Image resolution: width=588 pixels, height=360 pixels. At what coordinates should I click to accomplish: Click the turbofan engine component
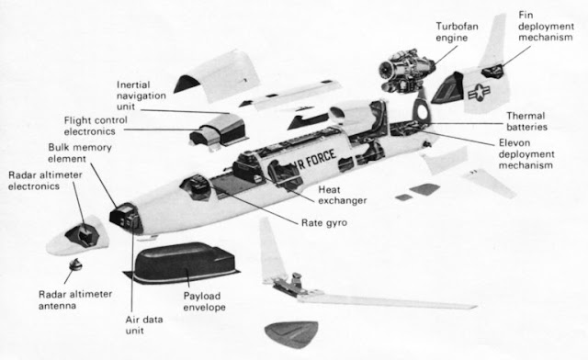pos(406,72)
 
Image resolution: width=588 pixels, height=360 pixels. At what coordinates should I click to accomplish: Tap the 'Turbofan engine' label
pos(457,32)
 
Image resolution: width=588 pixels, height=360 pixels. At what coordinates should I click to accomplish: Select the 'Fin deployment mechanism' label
pos(546,27)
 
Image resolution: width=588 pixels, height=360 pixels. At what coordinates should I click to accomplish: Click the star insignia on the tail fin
pos(479,92)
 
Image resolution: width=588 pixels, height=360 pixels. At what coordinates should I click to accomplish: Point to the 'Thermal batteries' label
pos(526,121)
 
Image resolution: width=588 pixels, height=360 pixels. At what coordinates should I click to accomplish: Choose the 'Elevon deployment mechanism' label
pos(526,154)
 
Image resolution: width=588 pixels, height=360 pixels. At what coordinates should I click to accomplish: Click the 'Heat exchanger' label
pos(343,195)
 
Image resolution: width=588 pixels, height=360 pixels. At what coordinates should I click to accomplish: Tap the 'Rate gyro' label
pos(324,223)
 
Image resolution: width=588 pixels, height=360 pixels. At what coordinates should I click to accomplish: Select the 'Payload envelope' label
pos(204,301)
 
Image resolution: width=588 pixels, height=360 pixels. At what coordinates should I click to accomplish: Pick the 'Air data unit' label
pos(144,325)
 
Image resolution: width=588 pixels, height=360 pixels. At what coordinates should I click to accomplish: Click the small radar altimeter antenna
pos(75,264)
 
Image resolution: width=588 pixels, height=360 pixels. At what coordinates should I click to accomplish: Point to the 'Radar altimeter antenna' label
pos(75,299)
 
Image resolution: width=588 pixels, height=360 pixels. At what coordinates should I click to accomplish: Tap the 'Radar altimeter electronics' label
pos(45,180)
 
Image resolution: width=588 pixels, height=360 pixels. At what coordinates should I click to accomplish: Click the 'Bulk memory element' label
pos(80,153)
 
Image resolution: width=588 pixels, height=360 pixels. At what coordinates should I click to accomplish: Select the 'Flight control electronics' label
pos(96,126)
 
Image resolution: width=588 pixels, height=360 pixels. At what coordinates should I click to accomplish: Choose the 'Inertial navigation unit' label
pos(141,96)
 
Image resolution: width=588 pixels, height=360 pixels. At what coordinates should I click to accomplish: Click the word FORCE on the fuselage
pos(321,158)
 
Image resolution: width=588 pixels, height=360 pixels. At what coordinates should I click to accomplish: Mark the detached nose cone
pos(77,235)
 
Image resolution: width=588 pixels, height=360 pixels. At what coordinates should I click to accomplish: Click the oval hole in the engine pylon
pos(423,110)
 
